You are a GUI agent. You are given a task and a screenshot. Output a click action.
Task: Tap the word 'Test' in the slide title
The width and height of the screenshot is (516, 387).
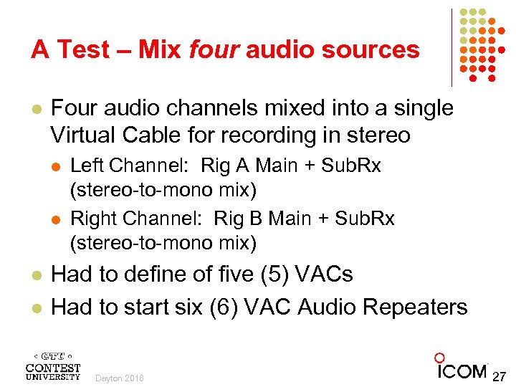tap(85, 49)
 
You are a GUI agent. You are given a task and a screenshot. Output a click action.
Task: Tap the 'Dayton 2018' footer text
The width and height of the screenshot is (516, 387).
tap(119, 378)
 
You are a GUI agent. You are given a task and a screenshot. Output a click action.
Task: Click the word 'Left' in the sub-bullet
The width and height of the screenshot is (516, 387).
tap(86, 166)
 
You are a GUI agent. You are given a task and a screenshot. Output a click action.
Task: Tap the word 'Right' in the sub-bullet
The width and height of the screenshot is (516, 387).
tap(91, 219)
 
